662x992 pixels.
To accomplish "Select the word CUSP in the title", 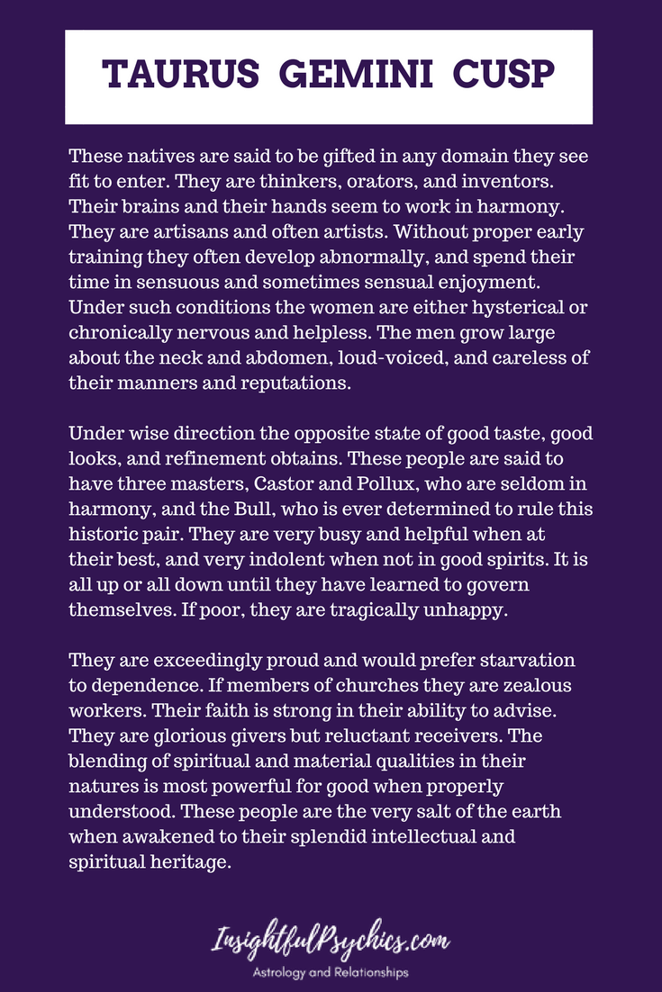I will (491, 76).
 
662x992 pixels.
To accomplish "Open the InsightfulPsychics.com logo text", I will (331, 943).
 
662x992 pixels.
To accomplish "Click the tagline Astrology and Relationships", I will (331, 972).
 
